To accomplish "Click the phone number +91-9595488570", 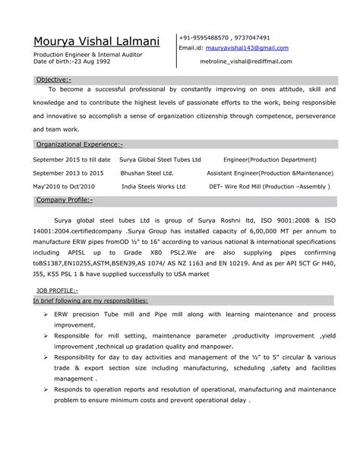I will (x=205, y=37).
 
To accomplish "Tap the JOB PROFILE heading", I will (x=57, y=290).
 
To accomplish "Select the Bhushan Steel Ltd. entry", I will (x=147, y=173).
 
